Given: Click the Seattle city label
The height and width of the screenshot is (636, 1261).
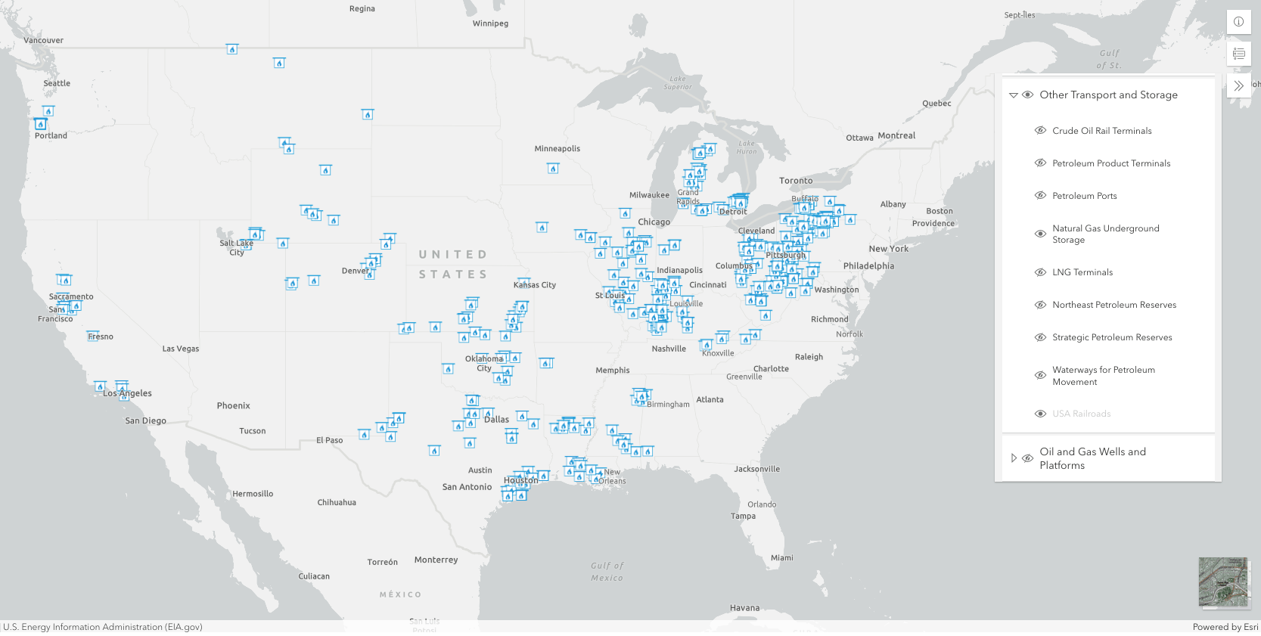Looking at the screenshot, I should (x=57, y=83).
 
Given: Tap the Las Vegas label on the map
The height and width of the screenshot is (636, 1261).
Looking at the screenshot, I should (x=181, y=349).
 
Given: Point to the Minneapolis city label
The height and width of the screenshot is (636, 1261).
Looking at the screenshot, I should (x=558, y=148).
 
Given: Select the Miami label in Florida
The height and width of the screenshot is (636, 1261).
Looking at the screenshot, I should (x=782, y=558).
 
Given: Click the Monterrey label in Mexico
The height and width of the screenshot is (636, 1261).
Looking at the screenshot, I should (x=436, y=560).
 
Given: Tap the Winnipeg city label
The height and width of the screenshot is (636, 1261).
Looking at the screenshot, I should (x=490, y=23).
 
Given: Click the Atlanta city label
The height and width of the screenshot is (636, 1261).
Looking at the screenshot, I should (x=710, y=399).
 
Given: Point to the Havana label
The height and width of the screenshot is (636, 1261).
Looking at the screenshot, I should (x=744, y=608).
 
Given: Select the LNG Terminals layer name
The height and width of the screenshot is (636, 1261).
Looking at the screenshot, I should (x=1082, y=272).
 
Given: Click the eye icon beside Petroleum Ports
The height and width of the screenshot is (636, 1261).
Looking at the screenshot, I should (x=1041, y=196).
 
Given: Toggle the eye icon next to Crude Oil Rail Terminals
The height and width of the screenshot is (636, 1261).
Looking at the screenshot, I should (x=1041, y=131).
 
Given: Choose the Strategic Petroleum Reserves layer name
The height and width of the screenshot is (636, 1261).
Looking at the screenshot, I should (x=1112, y=337).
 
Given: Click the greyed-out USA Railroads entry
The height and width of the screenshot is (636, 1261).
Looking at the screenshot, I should (x=1082, y=414).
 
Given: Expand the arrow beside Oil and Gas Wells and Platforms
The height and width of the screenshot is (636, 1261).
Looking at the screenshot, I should (x=1014, y=458).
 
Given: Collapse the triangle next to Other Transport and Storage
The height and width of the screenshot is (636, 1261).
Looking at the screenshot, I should (x=1014, y=95).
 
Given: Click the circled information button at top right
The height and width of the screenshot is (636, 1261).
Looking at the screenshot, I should (x=1238, y=22).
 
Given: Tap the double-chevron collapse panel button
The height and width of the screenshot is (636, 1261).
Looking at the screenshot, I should (x=1238, y=85).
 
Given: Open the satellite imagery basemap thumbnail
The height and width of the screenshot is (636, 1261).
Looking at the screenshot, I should (x=1224, y=582).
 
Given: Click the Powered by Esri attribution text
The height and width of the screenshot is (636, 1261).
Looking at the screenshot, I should (x=1225, y=627).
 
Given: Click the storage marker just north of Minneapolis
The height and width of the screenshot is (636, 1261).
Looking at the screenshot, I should (x=553, y=168).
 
